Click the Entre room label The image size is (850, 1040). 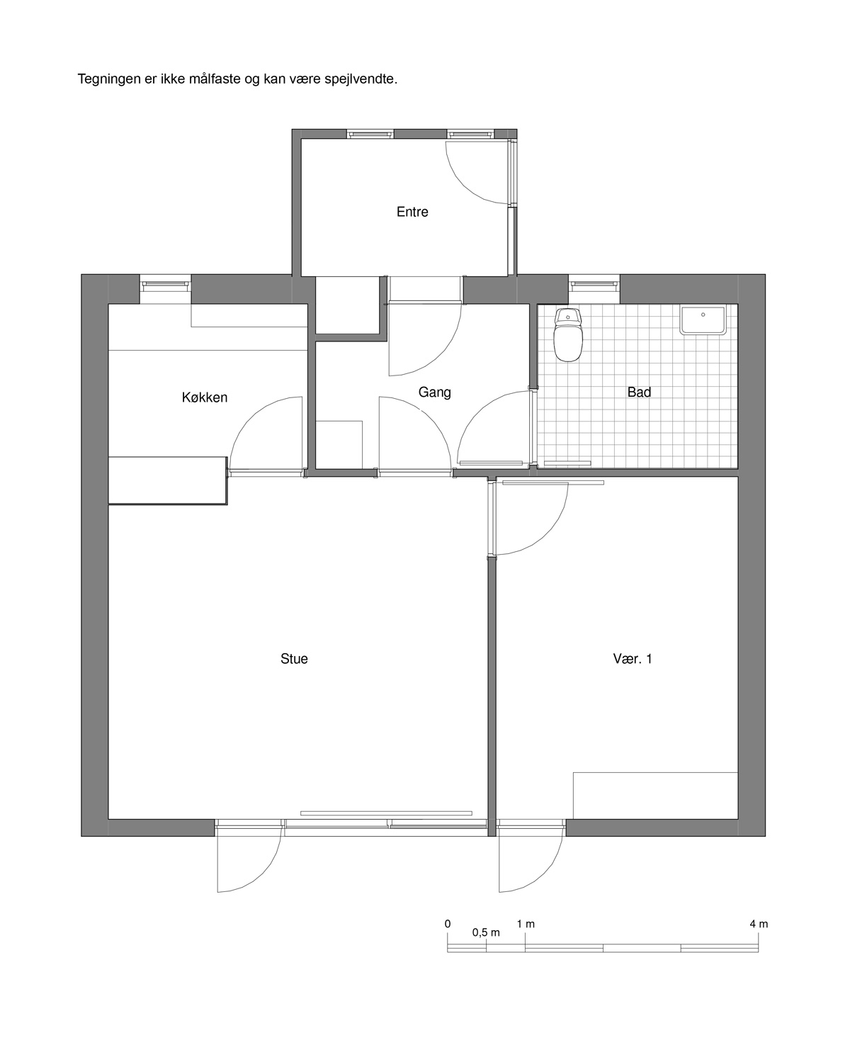tap(412, 212)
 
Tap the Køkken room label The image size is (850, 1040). tap(205, 397)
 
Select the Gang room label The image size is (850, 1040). tap(434, 392)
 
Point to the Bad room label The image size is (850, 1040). tap(639, 392)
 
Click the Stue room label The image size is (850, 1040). tap(294, 659)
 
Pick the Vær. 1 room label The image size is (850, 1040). tap(632, 659)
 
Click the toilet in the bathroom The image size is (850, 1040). tap(569, 335)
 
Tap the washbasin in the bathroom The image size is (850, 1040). tap(703, 320)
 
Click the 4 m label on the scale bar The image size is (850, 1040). tap(759, 924)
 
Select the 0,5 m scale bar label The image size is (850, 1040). tap(486, 932)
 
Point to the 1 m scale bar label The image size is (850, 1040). tap(526, 924)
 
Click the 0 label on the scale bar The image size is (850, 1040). tap(448, 924)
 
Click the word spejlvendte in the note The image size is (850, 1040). tap(361, 79)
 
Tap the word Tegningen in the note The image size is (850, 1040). tap(109, 79)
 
